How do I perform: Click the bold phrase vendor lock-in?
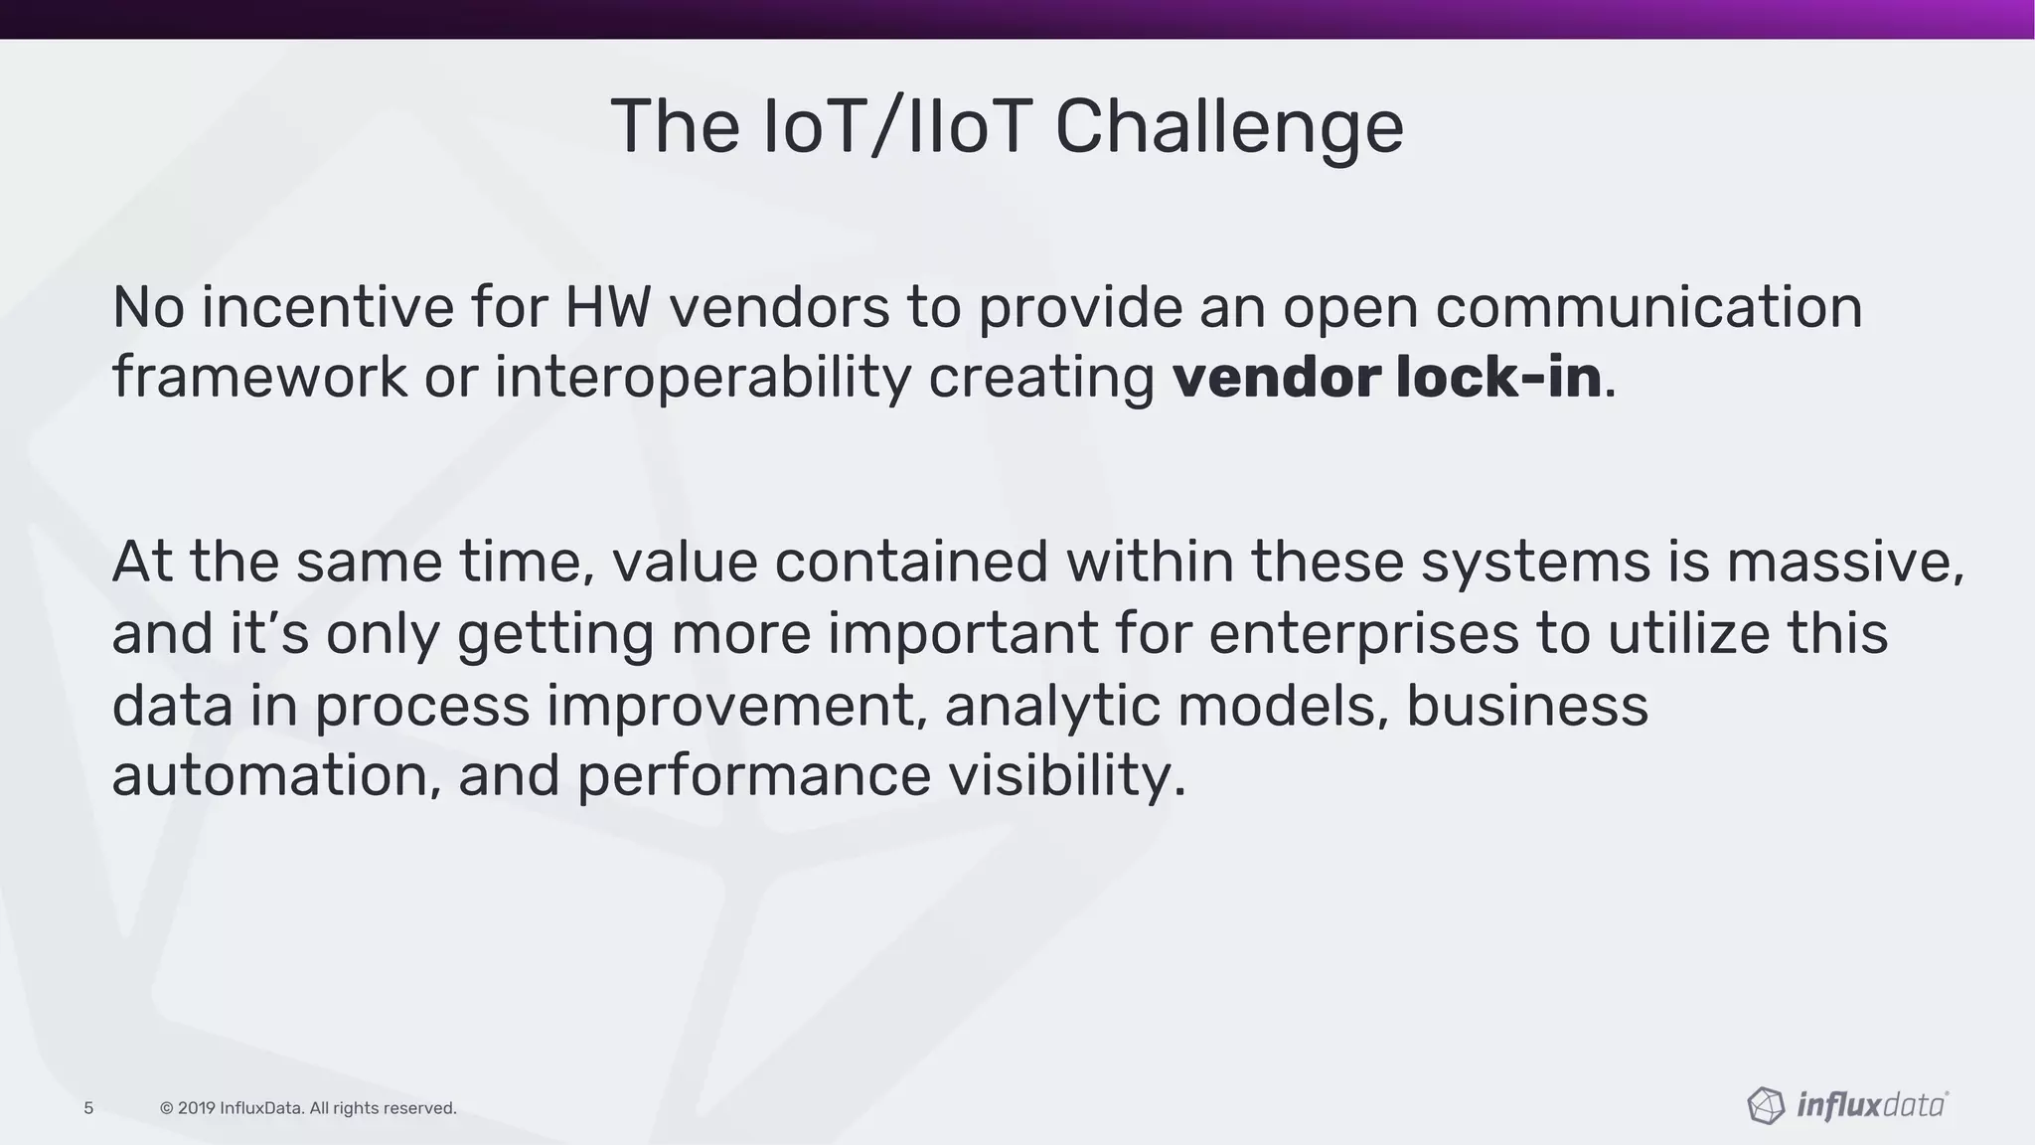pyautogui.click(x=1387, y=378)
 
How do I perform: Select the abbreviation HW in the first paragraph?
pyautogui.click(x=608, y=306)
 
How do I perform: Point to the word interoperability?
pyautogui.click(x=702, y=378)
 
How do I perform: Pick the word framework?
pyautogui.click(x=259, y=378)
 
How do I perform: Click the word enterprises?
pyautogui.click(x=1363, y=633)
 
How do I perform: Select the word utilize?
pyautogui.click(x=1688, y=633)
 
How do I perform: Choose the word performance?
pyautogui.click(x=753, y=775)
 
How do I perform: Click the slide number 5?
pyautogui.click(x=88, y=1108)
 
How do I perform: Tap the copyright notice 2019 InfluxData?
pyautogui.click(x=308, y=1108)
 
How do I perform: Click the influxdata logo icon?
pyautogui.click(x=1766, y=1105)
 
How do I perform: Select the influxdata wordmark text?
pyautogui.click(x=1871, y=1105)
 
